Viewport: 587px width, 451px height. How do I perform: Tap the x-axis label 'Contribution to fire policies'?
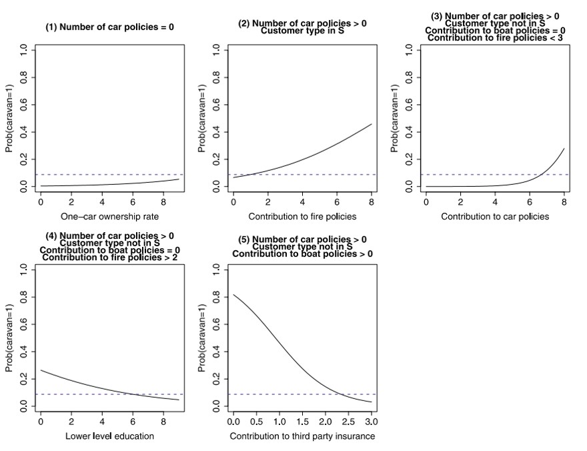[302, 216]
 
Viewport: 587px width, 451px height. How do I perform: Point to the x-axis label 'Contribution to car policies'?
[495, 216]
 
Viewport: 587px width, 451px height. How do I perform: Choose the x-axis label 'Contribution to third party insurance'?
[302, 436]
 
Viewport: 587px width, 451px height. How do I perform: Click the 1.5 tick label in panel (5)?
[302, 422]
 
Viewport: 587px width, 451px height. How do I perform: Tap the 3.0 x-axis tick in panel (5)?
[372, 422]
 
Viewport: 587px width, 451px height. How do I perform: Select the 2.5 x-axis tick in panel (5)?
[348, 422]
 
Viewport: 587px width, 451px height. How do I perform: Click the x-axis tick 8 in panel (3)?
[564, 201]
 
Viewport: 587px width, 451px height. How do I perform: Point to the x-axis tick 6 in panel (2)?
[337, 201]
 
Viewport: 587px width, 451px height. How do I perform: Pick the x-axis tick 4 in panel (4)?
[102, 422]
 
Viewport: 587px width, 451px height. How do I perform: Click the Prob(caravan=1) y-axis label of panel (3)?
[396, 118]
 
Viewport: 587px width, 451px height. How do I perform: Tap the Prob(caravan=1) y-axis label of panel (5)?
[203, 338]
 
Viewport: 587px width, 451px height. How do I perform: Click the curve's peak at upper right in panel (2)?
[371, 124]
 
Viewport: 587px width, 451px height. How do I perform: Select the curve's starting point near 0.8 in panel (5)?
[233, 295]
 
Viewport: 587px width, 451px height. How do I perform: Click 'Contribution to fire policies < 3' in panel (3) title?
[495, 38]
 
